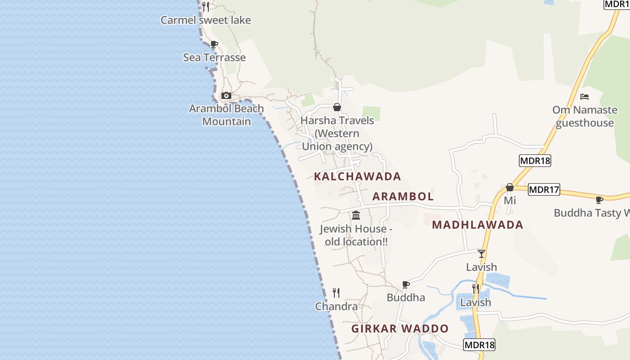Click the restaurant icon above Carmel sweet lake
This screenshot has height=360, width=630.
coord(206,6)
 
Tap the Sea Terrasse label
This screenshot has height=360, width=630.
coord(214,58)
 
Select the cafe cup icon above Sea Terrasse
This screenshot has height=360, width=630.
coord(214,44)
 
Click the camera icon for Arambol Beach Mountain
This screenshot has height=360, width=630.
coord(226,95)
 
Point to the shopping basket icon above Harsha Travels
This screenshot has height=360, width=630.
coord(337,107)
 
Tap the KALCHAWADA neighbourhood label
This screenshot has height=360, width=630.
coord(357,176)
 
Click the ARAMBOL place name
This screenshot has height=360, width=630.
coord(403,196)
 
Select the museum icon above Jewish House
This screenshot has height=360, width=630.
coord(356,215)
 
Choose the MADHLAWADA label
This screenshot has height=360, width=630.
coord(477,225)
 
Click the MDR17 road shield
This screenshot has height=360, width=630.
coord(544,189)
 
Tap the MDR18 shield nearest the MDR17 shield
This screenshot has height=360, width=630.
coord(535,161)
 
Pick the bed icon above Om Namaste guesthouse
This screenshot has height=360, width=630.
coord(585,96)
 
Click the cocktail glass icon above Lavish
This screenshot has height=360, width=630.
coord(481,253)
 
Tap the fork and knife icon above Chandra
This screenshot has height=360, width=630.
coord(336,293)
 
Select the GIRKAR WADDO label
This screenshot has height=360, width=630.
coord(400,328)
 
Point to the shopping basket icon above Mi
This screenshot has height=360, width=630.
coord(510,187)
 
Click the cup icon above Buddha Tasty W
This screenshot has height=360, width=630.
coord(599,199)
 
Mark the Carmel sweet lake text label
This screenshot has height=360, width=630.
coord(206,20)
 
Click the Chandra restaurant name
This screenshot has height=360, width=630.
coord(337,306)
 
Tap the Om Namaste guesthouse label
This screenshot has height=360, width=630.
coord(585,116)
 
